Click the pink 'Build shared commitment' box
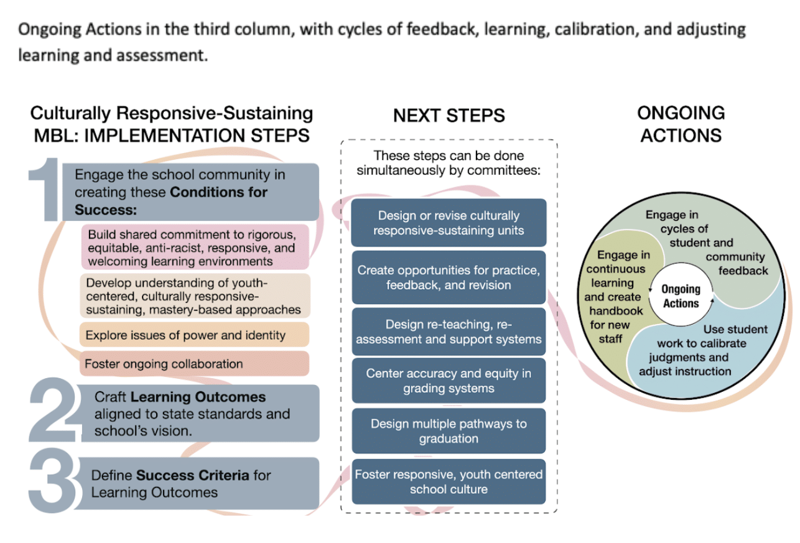pos(195,248)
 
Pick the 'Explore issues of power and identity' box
pos(194,335)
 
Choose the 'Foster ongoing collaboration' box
pos(194,364)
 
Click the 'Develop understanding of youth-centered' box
pos(194,295)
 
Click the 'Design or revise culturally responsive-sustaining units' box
pos(449,223)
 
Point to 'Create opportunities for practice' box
pos(449,277)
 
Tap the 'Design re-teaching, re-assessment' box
pos(449,332)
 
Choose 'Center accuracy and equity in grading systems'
pos(449,381)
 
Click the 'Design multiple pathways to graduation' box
pos(449,431)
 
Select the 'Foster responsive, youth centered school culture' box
pos(449,481)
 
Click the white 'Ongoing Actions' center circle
pos(681,296)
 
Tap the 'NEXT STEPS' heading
pos(449,115)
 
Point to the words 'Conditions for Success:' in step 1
pos(170,200)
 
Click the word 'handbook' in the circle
pos(616,310)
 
